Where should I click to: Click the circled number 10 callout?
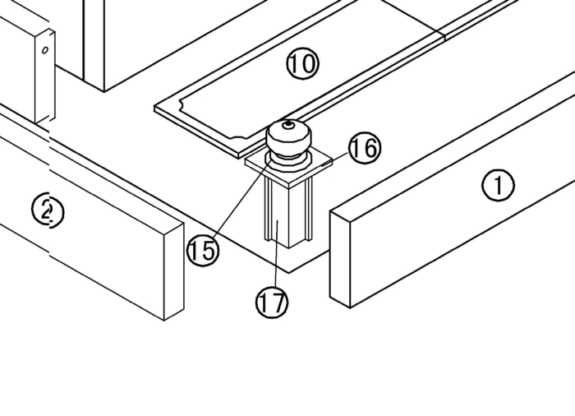(302, 63)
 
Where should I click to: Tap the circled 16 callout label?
(365, 148)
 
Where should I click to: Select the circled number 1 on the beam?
(498, 186)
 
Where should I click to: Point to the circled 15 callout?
(203, 251)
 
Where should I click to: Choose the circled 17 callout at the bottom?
(272, 303)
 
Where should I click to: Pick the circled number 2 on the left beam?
(48, 211)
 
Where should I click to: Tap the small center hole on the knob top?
(288, 125)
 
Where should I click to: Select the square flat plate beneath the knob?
(289, 167)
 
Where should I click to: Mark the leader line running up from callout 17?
(276, 253)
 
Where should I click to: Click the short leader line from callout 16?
(334, 160)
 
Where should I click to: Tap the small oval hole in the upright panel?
(45, 50)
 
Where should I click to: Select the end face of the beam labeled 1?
(340, 259)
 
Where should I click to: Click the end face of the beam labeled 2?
(174, 271)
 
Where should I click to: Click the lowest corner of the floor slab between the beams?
(289, 273)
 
